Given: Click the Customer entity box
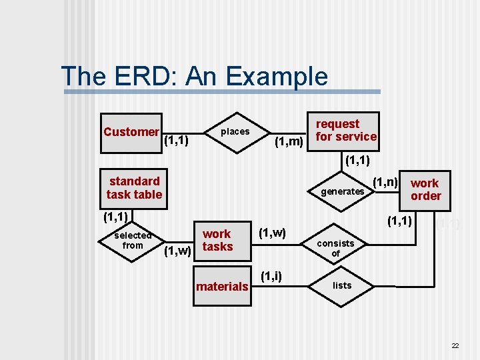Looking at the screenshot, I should click(x=131, y=131).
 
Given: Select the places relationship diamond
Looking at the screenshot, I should click(x=235, y=131).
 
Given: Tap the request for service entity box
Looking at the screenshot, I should click(x=345, y=131).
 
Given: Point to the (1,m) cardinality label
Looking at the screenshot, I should click(x=289, y=141).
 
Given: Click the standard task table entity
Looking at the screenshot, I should click(x=134, y=187).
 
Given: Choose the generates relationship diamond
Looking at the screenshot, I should click(x=343, y=191).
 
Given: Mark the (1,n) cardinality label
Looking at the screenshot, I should click(x=385, y=181).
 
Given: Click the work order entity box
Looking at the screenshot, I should click(x=425, y=189).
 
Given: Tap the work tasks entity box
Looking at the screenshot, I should click(x=217, y=240).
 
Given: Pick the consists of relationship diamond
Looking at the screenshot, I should click(x=335, y=248).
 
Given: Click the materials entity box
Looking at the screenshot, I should click(x=222, y=287).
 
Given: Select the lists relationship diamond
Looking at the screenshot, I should click(x=342, y=285).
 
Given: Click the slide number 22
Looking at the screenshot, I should click(x=455, y=345).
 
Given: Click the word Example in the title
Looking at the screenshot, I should click(x=277, y=77).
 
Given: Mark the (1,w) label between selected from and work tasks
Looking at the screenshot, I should click(x=178, y=251).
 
